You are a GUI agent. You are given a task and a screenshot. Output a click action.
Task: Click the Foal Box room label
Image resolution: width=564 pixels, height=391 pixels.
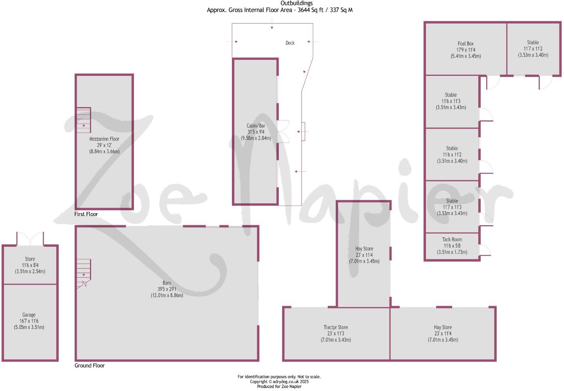coord(465,44)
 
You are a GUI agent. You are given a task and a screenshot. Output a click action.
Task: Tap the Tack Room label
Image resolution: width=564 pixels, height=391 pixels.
coord(452,240)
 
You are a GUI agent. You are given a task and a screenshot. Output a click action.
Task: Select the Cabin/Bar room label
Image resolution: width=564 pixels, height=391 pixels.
coord(256,126)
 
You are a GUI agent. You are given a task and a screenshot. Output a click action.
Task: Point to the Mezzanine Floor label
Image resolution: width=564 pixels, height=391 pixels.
coord(104,139)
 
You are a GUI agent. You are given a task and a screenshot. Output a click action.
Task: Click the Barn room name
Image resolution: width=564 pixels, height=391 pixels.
coord(167,283)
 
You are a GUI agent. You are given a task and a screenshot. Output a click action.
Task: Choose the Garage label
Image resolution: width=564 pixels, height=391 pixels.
coord(29,315)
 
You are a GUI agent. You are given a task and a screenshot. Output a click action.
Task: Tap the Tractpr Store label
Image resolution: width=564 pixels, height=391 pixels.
coord(336,328)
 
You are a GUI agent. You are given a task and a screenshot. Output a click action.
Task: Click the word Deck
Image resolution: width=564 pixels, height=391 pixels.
coord(290,43)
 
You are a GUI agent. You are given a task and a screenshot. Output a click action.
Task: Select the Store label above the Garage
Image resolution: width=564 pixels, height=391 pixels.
coord(30,259)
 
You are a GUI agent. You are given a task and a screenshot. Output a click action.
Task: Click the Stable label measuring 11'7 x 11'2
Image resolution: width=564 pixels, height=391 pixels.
coord(533,43)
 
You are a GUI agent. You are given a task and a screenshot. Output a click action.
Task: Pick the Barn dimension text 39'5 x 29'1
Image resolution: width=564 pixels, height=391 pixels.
coord(167,289)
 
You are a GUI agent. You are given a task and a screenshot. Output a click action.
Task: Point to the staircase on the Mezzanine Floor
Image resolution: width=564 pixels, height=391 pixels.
coord(83,120)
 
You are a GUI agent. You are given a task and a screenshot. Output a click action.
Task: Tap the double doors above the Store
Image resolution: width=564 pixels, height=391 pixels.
coord(30,239)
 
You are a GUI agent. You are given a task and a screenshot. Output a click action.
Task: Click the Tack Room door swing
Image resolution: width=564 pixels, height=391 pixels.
coord(485,250)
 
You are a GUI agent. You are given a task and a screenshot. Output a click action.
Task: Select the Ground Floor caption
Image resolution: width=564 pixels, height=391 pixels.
coord(90,366)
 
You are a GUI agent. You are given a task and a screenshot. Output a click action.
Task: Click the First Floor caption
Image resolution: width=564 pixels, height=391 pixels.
coord(86,214)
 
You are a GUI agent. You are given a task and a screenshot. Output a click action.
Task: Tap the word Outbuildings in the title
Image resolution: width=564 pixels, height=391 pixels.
coord(296,4)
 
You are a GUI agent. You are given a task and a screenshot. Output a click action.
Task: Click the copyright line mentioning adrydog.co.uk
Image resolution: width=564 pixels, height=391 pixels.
coord(279,382)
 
